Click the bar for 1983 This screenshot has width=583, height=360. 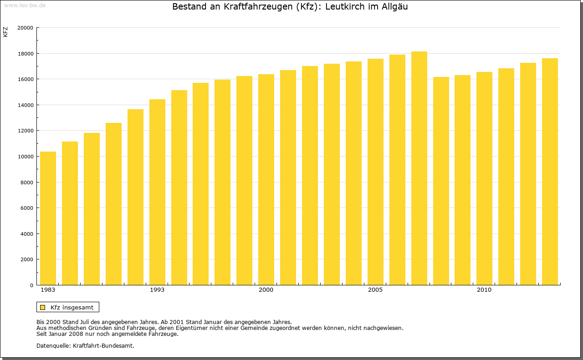click(48, 218)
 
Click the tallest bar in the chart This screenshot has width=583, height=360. click(419, 168)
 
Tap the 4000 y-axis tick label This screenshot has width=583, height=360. click(26, 234)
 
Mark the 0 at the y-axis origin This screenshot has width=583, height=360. click(31, 285)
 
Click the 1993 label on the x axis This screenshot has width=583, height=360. click(157, 290)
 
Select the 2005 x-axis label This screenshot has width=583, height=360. click(375, 290)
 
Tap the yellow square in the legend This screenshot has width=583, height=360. click(42, 307)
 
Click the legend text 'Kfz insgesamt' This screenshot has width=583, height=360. click(72, 307)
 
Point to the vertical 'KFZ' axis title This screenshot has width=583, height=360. click(5, 32)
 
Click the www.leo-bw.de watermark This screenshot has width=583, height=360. click(24, 5)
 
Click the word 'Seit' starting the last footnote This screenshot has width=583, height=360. click(42, 334)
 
